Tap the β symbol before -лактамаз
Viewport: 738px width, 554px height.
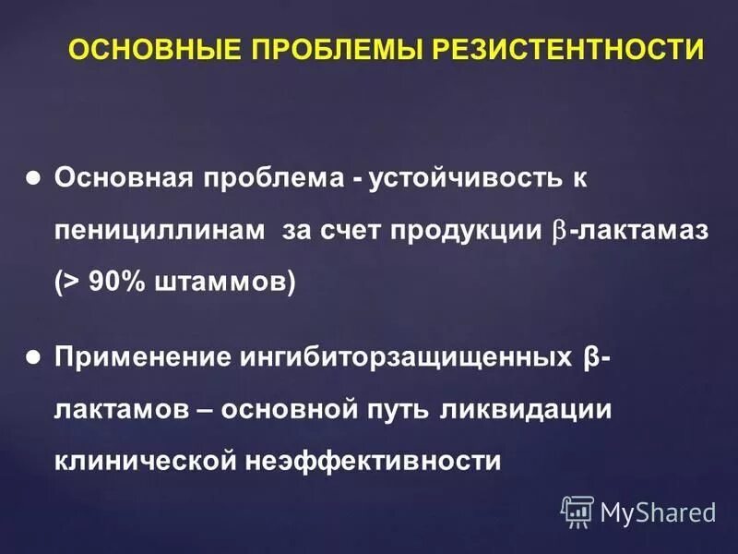[560, 232]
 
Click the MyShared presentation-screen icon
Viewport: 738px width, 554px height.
[577, 511]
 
